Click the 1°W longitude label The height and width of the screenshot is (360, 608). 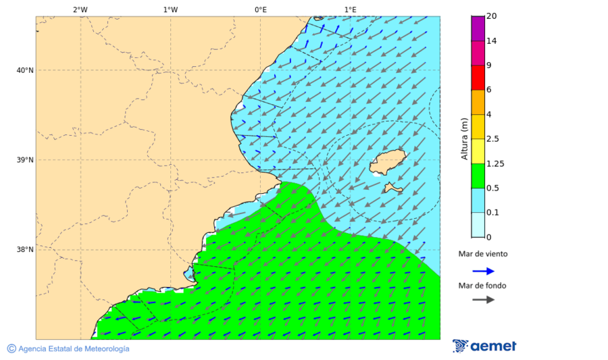(170, 9)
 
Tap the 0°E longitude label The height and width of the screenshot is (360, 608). (260, 9)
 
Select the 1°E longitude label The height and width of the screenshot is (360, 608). (350, 9)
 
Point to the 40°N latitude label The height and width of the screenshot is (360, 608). (25, 70)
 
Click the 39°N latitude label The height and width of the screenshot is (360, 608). (25, 160)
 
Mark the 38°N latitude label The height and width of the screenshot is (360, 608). (25, 250)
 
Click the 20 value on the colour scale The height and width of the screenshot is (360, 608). (491, 16)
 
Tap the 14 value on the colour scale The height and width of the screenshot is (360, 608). (491, 41)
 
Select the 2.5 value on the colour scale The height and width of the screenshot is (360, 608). (492, 139)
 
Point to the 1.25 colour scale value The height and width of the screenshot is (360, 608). (495, 163)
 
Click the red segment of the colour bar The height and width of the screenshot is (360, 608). (478, 78)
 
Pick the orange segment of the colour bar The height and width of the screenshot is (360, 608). (478, 102)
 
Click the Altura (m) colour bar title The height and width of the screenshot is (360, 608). (464, 138)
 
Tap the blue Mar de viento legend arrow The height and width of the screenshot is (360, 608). (483, 271)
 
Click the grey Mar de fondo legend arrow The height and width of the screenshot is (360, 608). (483, 300)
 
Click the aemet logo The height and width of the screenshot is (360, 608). (484, 346)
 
